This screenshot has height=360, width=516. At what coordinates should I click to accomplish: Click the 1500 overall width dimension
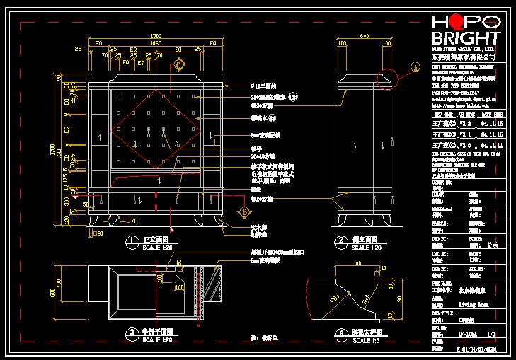pyautogui.click(x=155, y=36)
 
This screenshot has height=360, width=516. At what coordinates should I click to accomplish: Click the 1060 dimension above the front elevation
pyautogui.click(x=155, y=42)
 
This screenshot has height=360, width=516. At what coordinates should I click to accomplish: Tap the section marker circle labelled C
pyautogui.click(x=180, y=66)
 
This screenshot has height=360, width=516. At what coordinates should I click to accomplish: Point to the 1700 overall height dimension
pyautogui.click(x=52, y=150)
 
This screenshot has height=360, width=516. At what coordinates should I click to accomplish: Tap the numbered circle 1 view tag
pyautogui.click(x=131, y=241)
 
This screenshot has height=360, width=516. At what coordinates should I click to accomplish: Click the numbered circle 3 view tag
pyautogui.click(x=131, y=332)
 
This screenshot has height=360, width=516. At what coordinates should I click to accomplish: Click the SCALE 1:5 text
pyautogui.click(x=366, y=339)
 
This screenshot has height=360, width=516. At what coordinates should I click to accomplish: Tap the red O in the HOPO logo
pyautogui.click(x=457, y=21)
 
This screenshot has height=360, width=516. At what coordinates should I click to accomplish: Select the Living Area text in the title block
pyautogui.click(x=472, y=304)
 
